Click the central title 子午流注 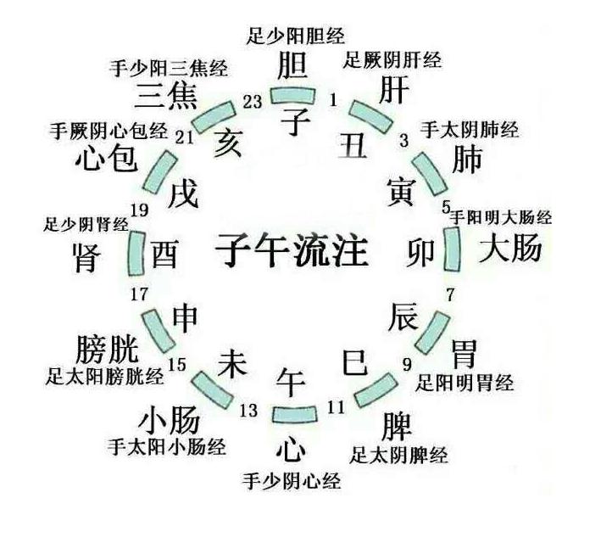292,250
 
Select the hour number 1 333,100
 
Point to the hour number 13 248,411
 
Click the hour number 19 139,210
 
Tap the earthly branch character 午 291,379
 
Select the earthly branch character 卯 426,251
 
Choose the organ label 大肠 510,249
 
